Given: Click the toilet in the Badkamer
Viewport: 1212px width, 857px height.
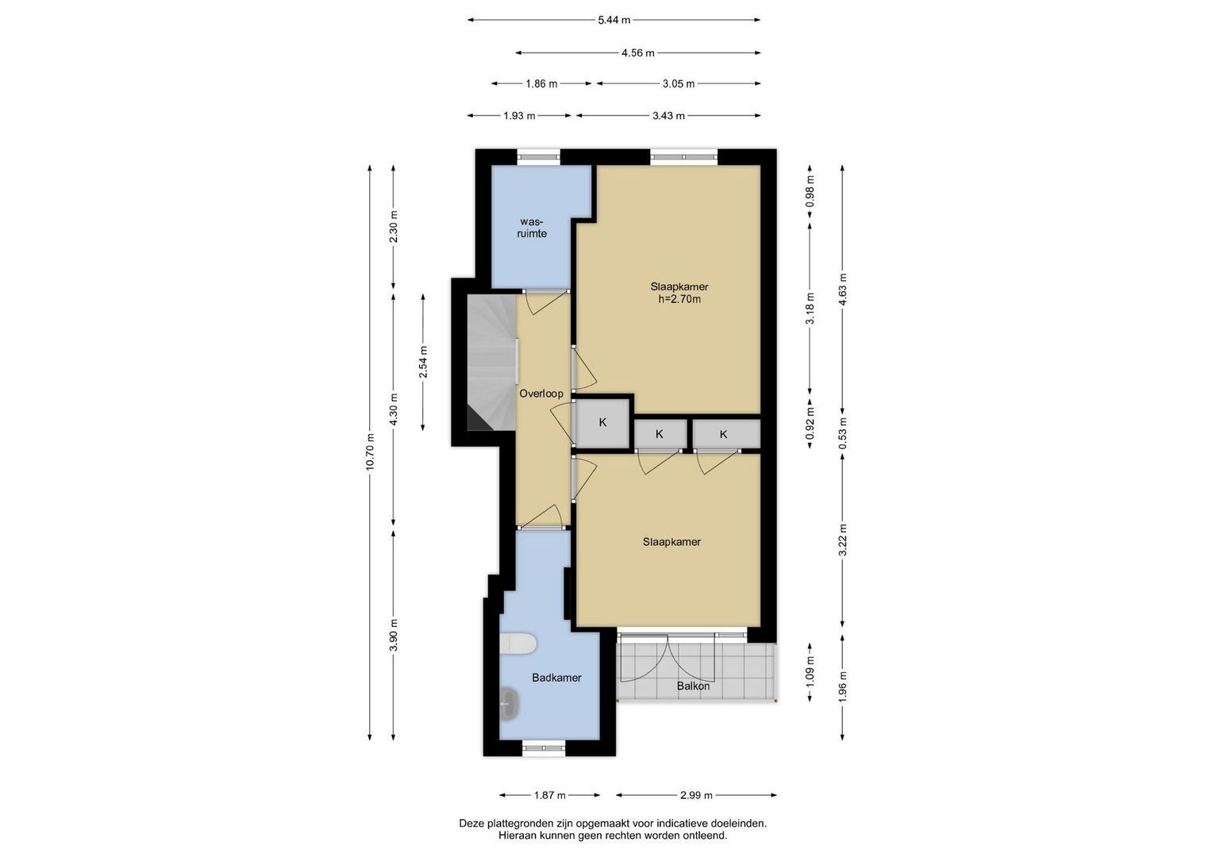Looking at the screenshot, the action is tap(518, 644).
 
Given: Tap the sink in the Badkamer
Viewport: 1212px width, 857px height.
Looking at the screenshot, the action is tap(510, 704).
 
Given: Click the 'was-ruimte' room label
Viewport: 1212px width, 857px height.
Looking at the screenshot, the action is tap(531, 228).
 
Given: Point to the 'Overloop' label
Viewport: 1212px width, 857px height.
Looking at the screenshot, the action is tap(541, 394).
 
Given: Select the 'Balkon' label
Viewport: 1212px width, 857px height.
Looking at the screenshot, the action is tap(693, 686).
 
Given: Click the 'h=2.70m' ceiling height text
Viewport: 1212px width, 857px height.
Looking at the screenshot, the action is tap(679, 299).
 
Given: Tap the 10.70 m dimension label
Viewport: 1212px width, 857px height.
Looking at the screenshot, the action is tap(370, 452).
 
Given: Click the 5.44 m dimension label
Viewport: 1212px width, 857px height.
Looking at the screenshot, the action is tap(614, 20).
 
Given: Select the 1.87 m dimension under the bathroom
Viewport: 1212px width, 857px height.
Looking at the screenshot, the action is tap(550, 795).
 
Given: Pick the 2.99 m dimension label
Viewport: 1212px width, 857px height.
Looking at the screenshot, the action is tap(696, 795).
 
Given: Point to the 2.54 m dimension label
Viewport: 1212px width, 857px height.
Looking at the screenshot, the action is tap(423, 363).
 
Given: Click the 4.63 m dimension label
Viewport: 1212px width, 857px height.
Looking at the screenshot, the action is tap(842, 290).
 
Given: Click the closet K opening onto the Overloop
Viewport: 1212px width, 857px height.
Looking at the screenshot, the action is tap(602, 422).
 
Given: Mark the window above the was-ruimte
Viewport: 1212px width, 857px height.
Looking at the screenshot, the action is tap(538, 157).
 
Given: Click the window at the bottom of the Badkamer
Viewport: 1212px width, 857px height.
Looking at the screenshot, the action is tap(544, 747).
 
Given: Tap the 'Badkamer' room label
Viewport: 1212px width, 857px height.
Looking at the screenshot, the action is tap(556, 678).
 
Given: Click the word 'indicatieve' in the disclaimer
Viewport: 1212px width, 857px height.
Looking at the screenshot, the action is tap(684, 824).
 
